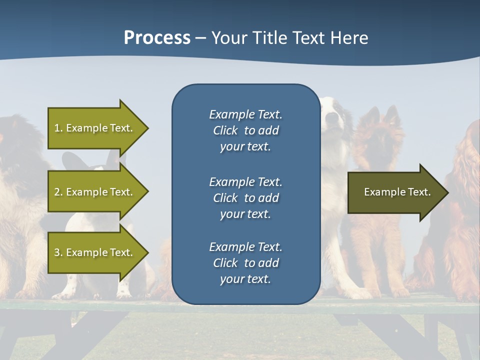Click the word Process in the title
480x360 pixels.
point(157,38)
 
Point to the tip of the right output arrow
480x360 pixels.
point(447,192)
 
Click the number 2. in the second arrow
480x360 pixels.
point(58,192)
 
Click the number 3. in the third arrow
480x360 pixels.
point(58,252)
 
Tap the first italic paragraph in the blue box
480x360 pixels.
point(245,130)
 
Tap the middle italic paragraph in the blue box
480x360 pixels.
point(245,197)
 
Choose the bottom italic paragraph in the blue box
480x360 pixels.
point(245,262)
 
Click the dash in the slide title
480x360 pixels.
point(200,38)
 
